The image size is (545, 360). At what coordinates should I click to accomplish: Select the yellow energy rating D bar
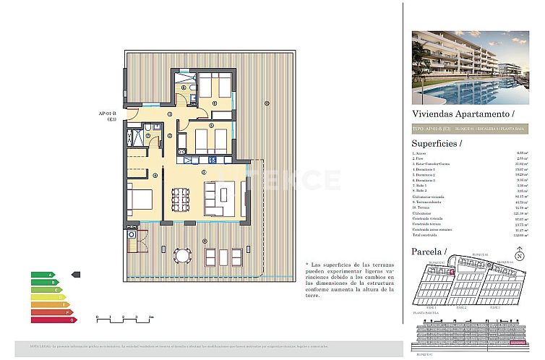[x=48, y=296]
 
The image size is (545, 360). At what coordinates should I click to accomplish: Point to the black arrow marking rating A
[x=77, y=275]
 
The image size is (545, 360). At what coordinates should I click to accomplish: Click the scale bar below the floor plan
[x=123, y=318]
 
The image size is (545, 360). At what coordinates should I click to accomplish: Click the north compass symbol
[x=520, y=256]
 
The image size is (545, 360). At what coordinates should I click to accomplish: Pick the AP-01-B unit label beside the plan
[x=108, y=116]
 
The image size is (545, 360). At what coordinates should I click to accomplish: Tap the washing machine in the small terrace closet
[x=132, y=234]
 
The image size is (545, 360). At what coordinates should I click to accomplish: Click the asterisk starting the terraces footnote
[x=307, y=265]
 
